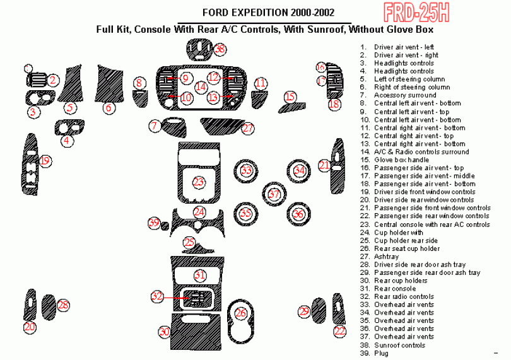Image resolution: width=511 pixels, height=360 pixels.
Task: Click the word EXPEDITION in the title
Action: tap(259, 13)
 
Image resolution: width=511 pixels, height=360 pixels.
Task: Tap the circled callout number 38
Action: tap(219, 49)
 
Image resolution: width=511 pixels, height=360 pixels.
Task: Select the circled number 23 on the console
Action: tap(199, 182)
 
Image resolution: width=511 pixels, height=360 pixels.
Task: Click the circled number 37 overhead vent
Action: tap(273, 194)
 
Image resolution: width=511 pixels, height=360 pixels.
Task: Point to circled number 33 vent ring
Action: tap(247, 171)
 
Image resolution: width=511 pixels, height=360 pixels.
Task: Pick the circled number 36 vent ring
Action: tap(298, 214)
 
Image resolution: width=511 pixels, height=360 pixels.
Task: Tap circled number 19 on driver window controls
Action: tap(45, 161)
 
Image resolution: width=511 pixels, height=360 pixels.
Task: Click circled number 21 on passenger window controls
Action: tap(324, 165)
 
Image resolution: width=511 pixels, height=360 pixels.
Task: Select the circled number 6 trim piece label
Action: tap(109, 108)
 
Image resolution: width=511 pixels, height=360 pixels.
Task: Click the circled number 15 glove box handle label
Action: tap(290, 96)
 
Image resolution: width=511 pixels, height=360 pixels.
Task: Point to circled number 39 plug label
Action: tap(153, 223)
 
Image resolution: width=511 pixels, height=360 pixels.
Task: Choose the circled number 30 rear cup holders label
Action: tap(165, 332)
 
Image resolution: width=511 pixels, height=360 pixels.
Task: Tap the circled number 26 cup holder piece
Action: tap(240, 313)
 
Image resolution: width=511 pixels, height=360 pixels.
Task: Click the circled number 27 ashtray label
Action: tap(247, 128)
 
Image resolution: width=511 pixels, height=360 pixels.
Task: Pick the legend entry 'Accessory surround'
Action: tap(404, 95)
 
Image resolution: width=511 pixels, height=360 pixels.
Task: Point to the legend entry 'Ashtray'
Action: tap(386, 257)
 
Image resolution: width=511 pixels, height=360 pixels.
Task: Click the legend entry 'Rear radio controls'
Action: tap(404, 297)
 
